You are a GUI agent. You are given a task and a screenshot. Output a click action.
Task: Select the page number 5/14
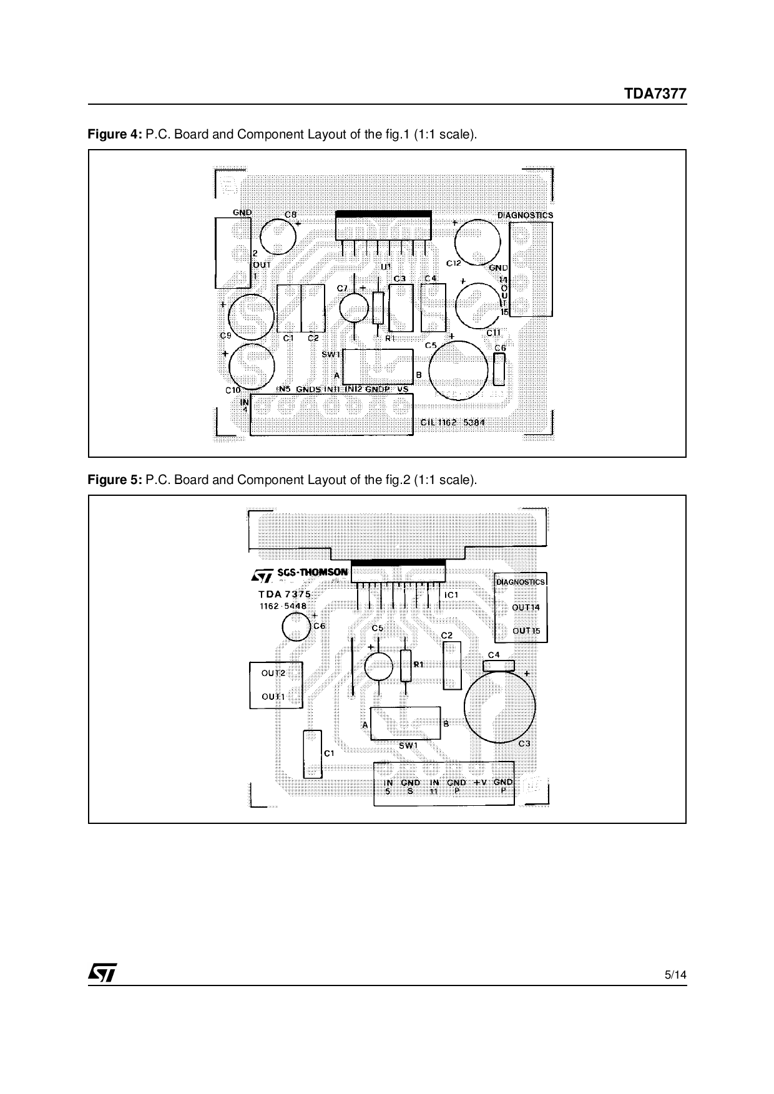[675, 975]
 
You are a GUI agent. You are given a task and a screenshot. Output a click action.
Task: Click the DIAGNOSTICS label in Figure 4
[524, 215]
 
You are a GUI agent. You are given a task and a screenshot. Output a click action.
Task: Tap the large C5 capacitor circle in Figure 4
[459, 370]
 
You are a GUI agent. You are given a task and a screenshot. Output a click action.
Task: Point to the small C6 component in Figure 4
[499, 369]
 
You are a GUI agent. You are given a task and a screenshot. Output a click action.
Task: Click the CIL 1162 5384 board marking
[453, 423]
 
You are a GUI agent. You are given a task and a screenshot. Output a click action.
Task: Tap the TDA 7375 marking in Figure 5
[285, 594]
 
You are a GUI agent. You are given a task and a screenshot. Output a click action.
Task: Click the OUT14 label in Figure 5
[526, 608]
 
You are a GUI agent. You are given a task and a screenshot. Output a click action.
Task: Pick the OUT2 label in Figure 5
[273, 674]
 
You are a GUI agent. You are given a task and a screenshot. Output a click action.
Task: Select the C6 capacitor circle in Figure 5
[296, 627]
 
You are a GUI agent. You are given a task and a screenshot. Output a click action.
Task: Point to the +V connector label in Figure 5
[480, 782]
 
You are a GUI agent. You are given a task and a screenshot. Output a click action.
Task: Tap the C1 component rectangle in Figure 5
[312, 754]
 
